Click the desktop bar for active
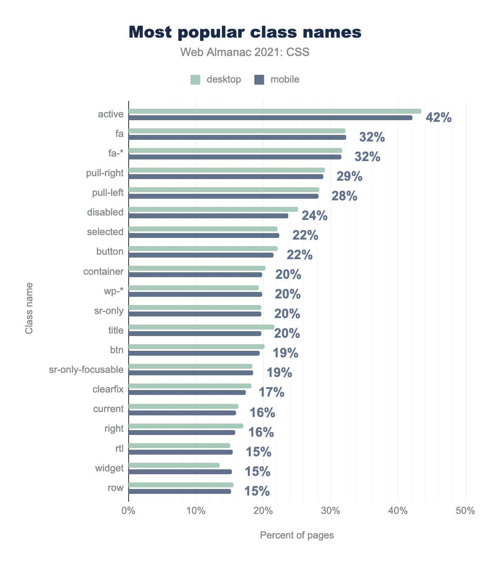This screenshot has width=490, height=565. (x=275, y=111)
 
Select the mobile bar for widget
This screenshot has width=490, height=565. (x=180, y=472)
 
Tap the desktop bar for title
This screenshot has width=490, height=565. (x=201, y=327)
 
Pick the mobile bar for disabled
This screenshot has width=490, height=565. (x=208, y=216)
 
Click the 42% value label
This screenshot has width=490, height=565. (x=439, y=118)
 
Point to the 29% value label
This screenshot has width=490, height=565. (x=349, y=177)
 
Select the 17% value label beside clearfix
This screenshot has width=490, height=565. (x=272, y=392)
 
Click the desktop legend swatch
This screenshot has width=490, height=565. (x=196, y=80)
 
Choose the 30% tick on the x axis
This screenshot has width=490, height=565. (x=331, y=511)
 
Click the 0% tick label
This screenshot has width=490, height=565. (x=129, y=511)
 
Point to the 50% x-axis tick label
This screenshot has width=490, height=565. (x=465, y=511)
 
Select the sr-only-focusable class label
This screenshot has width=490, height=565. (x=86, y=370)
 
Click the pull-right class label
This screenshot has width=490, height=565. (x=105, y=173)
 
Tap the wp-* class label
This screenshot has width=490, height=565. (x=114, y=291)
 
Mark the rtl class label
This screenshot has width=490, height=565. (x=119, y=448)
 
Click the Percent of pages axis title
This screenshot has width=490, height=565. (x=297, y=535)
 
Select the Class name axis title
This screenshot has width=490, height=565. (x=29, y=308)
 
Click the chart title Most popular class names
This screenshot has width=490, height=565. (x=245, y=32)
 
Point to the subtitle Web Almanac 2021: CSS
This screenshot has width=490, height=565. (x=245, y=52)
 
